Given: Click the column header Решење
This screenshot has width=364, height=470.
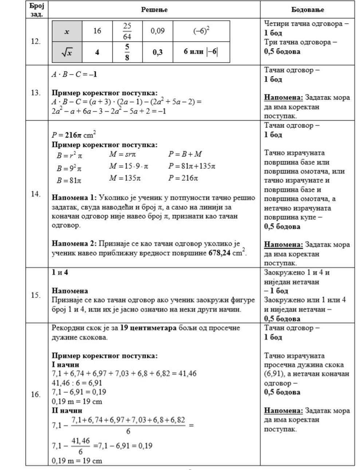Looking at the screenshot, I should point(154,10).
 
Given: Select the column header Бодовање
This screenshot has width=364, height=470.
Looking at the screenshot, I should point(308,10).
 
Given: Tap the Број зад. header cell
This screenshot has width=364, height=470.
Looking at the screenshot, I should point(37,10).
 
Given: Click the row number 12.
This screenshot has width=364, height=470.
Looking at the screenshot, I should point(36,41).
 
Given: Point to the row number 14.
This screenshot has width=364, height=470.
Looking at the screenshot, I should point(36,194).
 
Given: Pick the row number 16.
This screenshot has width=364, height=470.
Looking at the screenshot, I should point(36,394).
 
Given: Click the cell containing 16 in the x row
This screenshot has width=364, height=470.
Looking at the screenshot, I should point(97,31).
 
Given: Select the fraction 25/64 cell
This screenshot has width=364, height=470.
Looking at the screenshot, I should point(127,31).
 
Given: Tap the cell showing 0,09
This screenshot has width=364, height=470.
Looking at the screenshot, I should point(157,31).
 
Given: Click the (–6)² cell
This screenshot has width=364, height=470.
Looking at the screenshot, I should point(201,31).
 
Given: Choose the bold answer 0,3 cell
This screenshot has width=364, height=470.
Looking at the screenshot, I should point(157,52).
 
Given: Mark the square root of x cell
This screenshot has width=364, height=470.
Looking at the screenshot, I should point(67,52).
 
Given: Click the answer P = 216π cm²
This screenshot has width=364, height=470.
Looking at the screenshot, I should point(74,135).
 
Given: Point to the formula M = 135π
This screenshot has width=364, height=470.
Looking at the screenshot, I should point(125,178).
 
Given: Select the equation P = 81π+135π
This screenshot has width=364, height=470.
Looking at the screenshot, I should point(192,166).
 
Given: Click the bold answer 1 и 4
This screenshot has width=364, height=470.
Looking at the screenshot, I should point(60,272).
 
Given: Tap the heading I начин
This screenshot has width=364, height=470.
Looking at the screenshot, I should point(66,365).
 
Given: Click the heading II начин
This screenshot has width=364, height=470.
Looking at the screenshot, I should point(67,410).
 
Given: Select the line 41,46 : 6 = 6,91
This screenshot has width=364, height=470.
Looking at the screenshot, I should point(77,383).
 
